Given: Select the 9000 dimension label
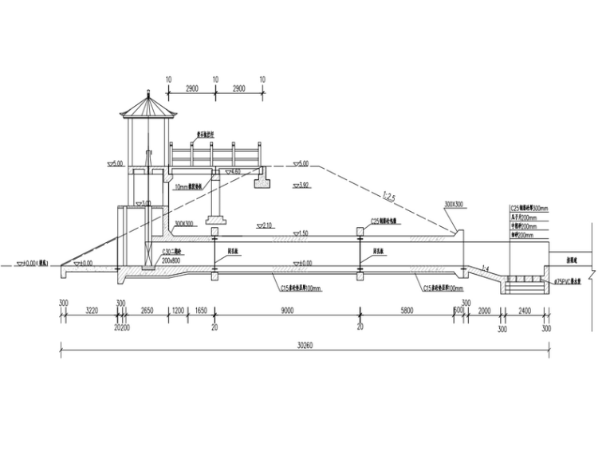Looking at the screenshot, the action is (287, 312).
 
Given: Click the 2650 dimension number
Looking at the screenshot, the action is (147, 312).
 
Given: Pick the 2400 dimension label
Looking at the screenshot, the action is (524, 312).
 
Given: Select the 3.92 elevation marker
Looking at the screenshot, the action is (300, 185).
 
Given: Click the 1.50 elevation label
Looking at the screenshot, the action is (300, 233).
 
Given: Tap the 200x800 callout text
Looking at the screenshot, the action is (171, 260).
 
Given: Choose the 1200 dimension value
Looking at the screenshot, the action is (178, 312).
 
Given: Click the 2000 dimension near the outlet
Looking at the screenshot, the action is (484, 312).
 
